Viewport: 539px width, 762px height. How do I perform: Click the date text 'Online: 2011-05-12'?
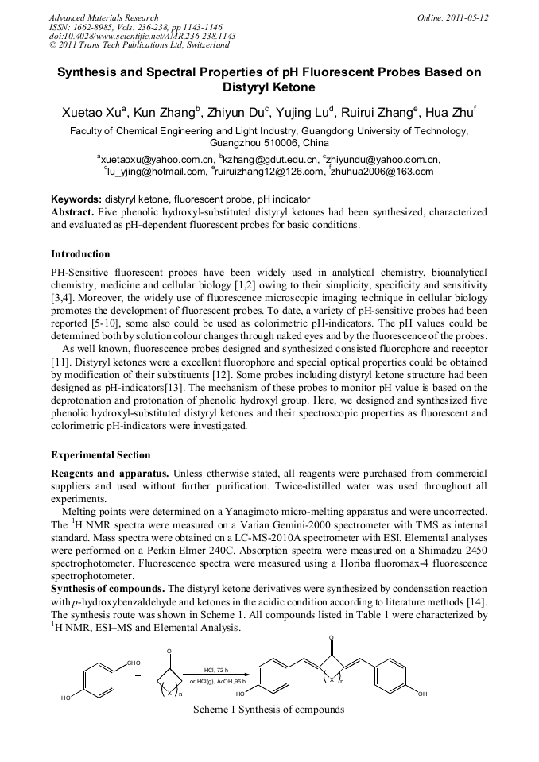[x=452, y=17]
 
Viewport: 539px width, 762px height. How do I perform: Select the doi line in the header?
[x=142, y=37]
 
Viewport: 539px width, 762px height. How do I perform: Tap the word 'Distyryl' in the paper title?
[x=269, y=87]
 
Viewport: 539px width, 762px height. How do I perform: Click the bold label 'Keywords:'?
[x=76, y=199]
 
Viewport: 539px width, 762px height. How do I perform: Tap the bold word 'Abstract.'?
[x=73, y=212]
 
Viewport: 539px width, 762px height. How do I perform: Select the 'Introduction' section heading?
[x=80, y=254]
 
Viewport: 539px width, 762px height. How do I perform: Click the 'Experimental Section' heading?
[x=100, y=455]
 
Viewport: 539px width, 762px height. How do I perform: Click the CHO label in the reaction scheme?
[x=133, y=663]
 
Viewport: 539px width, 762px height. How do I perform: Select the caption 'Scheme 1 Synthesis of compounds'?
[x=269, y=709]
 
